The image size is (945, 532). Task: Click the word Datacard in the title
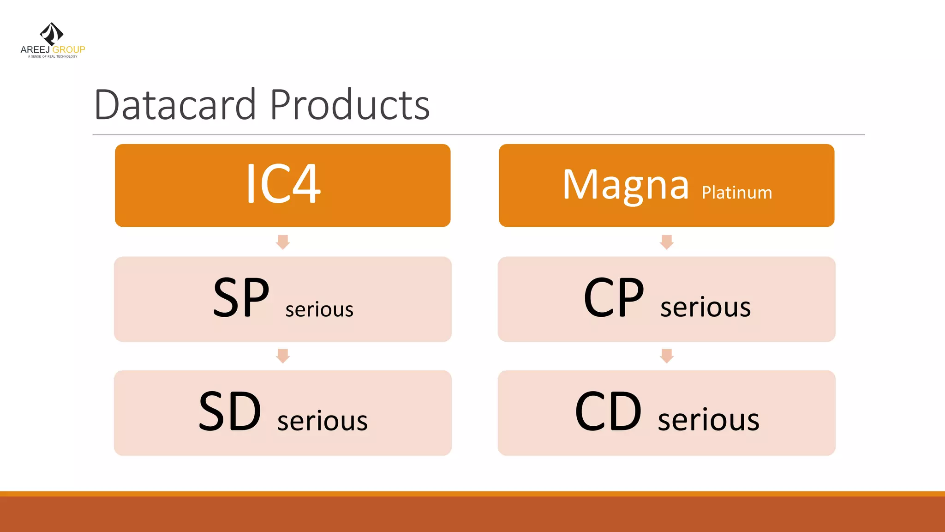[175, 105]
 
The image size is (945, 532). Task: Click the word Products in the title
[349, 105]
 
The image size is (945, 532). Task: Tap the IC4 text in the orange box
[283, 184]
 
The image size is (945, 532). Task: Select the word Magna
[625, 185]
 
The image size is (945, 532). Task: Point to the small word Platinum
[736, 193]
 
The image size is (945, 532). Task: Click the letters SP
[241, 298]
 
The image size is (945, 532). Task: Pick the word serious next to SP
[319, 309]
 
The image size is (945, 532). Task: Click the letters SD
[230, 411]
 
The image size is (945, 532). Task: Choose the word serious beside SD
[322, 421]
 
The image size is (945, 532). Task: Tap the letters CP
[613, 298]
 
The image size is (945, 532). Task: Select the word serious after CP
[705, 307]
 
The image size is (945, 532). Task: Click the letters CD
[608, 411]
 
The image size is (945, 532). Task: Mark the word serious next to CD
[708, 420]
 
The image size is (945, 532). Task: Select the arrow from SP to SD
[283, 356]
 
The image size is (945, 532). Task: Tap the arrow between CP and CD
[666, 356]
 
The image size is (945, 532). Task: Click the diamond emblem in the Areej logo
[52, 34]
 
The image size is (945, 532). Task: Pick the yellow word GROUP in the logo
[69, 49]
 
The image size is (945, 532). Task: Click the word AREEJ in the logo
[35, 49]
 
